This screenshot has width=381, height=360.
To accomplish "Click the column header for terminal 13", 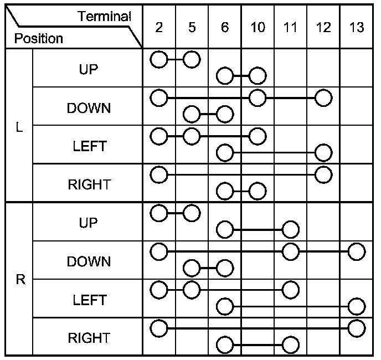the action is [x=357, y=27].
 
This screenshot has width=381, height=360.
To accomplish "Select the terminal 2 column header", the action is [x=159, y=27].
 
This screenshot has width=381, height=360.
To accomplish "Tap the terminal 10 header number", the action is [x=258, y=27].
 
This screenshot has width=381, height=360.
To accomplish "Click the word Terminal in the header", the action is [x=105, y=16].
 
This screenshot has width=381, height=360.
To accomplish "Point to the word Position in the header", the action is [x=39, y=39].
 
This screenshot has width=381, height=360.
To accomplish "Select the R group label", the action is [x=20, y=280].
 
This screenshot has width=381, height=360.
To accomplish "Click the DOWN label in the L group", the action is [x=89, y=108].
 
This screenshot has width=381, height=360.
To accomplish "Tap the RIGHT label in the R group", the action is [x=89, y=337].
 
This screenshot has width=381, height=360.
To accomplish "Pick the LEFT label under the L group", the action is [x=89, y=147].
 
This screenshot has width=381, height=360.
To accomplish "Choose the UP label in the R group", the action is [x=89, y=223].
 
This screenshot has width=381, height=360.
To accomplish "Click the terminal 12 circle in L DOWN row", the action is [x=323, y=98].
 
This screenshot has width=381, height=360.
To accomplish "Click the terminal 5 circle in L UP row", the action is [x=192, y=59].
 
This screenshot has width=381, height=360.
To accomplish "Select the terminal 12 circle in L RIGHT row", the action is [x=323, y=174].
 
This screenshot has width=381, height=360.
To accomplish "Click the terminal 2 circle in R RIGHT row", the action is [x=159, y=327].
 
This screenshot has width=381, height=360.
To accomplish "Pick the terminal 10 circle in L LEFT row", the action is [x=258, y=136].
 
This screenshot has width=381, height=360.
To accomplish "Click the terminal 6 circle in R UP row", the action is [x=225, y=229].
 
